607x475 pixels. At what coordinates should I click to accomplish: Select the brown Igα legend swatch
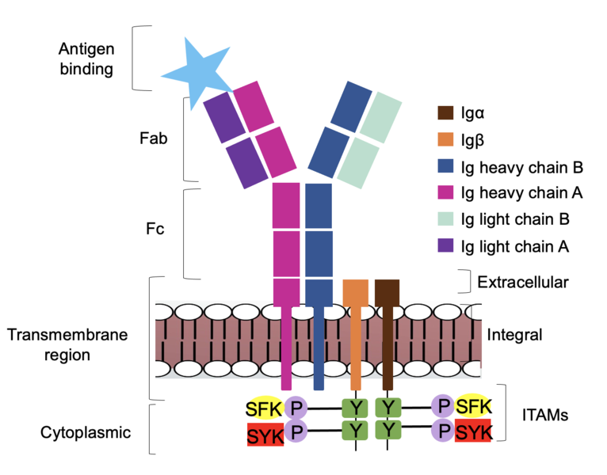coord(445,115)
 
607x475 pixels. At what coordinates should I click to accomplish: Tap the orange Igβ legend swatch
coord(445,141)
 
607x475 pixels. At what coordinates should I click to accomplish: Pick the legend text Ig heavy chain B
coord(521,167)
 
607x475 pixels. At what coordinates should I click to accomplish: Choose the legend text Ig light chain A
coord(515,245)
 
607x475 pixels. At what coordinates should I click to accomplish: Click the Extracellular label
coord(523,281)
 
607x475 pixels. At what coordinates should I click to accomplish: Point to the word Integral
coord(515,335)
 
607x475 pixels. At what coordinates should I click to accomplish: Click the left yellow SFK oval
coord(263,408)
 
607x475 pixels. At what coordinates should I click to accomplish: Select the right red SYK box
coord(473,432)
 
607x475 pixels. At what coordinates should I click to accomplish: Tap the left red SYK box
coord(264,435)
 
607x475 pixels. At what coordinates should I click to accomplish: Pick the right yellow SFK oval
coord(472,406)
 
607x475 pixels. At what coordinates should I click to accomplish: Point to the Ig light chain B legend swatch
coord(445,219)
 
